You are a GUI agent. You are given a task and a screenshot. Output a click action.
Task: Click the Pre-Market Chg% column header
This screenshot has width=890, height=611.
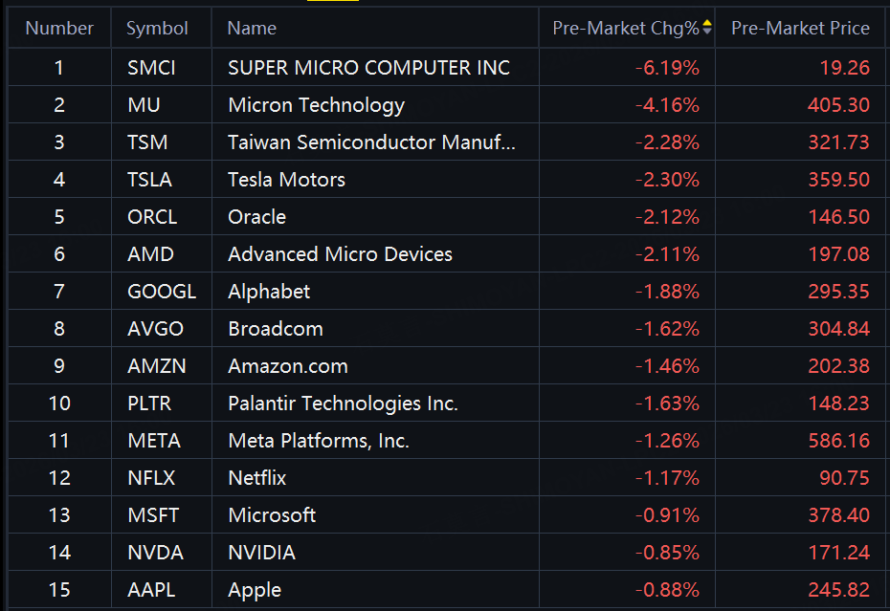click(x=626, y=29)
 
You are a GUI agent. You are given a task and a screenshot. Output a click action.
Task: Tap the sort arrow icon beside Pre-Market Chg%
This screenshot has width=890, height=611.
click(x=707, y=28)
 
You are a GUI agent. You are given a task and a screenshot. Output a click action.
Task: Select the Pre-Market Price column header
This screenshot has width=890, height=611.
click(x=800, y=29)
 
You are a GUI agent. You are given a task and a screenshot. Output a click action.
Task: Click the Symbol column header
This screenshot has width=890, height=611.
click(x=157, y=29)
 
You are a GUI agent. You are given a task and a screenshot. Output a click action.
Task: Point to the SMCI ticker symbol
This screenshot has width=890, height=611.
click(x=151, y=68)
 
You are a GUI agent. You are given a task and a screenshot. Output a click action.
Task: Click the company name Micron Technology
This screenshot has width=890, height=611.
click(x=316, y=105)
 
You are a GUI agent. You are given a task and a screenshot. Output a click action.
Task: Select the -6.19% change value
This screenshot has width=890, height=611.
click(x=667, y=68)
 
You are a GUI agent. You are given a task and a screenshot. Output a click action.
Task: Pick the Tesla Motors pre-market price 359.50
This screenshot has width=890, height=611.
click(x=838, y=180)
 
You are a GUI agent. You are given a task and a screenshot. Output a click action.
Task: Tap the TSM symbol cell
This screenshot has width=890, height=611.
click(x=147, y=142)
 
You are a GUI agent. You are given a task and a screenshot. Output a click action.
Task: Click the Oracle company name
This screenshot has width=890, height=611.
click(x=256, y=217)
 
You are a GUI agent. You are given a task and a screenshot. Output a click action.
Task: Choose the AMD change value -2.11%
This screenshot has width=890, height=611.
click(x=667, y=254)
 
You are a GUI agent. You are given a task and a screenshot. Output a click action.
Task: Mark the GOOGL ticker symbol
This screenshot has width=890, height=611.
click(x=161, y=292)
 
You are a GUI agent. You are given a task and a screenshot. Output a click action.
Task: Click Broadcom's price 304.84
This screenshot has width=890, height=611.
click(x=838, y=329)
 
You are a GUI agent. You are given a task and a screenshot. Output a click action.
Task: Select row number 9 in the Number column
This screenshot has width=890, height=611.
click(x=59, y=366)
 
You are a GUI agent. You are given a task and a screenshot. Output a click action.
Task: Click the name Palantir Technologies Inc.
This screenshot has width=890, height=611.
click(x=343, y=404)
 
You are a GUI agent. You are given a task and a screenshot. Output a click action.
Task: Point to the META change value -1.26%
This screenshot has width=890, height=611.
click(x=667, y=441)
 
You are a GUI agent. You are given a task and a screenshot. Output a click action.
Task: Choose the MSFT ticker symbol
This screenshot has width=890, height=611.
click(x=153, y=515)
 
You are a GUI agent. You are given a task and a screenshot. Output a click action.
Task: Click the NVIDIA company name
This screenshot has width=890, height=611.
click(x=261, y=553)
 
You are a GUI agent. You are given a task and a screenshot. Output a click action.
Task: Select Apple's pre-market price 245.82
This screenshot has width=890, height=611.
click(x=838, y=590)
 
